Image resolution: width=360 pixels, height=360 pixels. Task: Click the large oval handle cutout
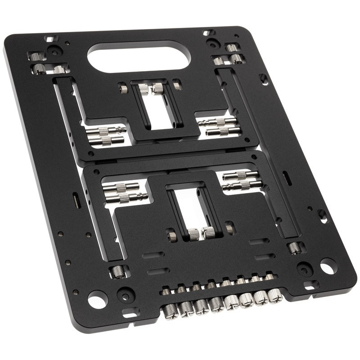pos(139,56)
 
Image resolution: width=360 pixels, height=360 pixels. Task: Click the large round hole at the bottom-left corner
pos(97,298)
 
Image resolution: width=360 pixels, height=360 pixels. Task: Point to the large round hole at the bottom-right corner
pos(328,266)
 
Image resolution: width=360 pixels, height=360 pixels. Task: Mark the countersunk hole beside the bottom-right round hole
pos(306,269)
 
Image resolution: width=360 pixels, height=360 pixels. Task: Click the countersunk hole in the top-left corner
pos(54,51)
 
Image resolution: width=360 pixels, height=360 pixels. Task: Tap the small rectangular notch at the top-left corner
pos(49,39)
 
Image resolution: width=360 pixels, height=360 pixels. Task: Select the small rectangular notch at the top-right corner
pos(207,33)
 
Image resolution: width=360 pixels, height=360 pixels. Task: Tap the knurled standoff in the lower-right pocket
pos(295,247)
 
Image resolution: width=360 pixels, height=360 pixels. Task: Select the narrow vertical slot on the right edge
pos(286,177)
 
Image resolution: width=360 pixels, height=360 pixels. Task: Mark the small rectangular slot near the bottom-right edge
pos(310,285)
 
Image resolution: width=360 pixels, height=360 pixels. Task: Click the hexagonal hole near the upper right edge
pos(264,79)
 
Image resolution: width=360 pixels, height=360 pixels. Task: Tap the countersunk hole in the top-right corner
pos(213,44)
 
